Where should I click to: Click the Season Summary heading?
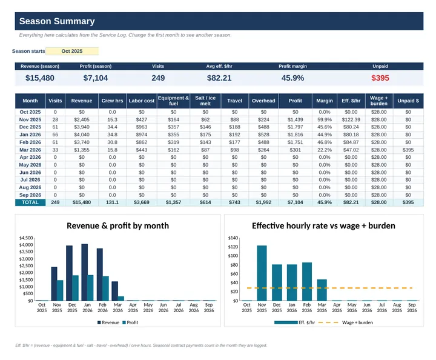[x=57, y=21]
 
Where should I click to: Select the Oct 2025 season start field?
[x=72, y=51]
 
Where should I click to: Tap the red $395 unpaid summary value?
[x=380, y=78]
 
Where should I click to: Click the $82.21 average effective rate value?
[x=219, y=78]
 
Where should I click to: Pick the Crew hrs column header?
[x=112, y=101]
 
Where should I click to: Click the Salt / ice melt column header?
[x=205, y=101]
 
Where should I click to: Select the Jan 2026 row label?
[x=30, y=135]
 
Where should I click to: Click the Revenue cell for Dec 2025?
[x=82, y=127]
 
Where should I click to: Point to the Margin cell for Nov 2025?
[x=325, y=119]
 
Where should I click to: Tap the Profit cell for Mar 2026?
[x=296, y=150]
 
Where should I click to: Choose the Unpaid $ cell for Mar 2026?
[x=408, y=150]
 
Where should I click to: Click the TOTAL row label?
[x=30, y=202]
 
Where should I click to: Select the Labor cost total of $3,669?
[x=142, y=202]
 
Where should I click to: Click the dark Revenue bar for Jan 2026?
[x=85, y=272]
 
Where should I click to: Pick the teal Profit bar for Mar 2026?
[x=121, y=299]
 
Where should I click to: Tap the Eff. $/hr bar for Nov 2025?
[x=262, y=273]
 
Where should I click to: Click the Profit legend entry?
[x=130, y=322]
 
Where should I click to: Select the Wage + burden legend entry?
[x=345, y=322]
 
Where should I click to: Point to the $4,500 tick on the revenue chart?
[x=26, y=238]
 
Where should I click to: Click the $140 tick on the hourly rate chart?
[x=233, y=238]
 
